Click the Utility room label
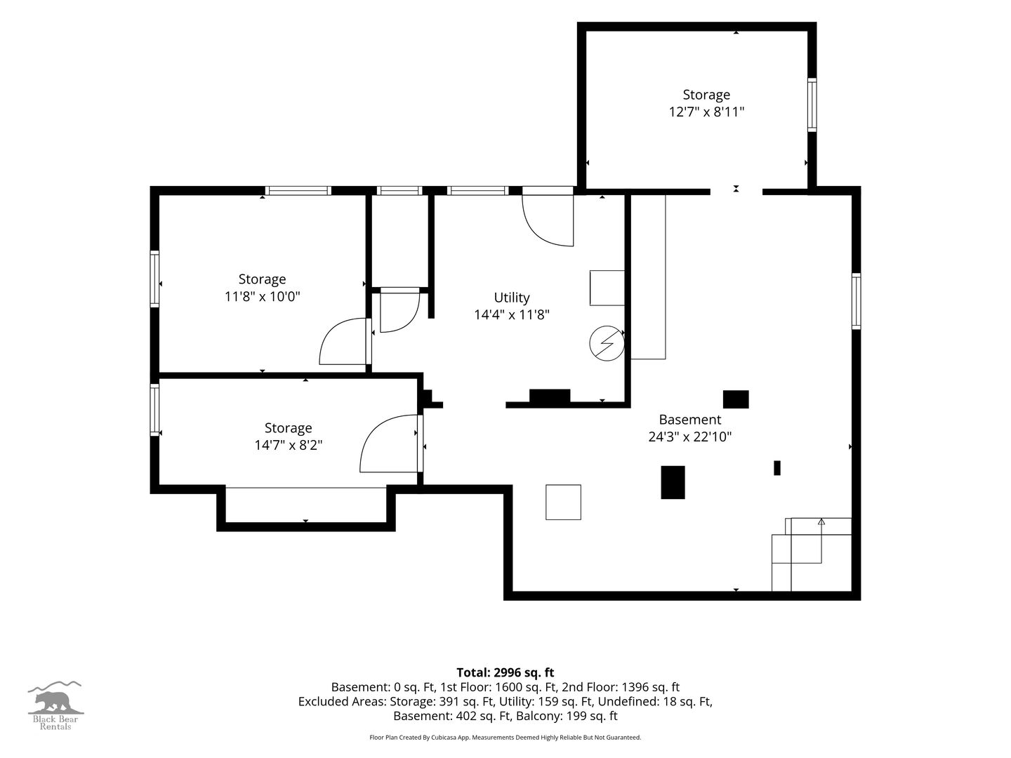pos(511,298)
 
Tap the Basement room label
pos(689,419)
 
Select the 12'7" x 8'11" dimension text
pos(706,112)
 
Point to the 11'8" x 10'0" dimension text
pos(262,296)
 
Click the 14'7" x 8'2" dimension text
pos(289,445)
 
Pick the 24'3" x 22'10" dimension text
pos(689,437)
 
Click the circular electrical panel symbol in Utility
pos(607,343)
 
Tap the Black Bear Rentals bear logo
pos(55,705)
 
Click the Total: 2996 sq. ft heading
pos(505,672)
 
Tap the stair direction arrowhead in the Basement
pos(821,521)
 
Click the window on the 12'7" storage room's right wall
pos(812,105)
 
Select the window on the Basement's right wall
pos(857,301)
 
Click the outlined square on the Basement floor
pos(563,502)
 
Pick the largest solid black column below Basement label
pos(673,482)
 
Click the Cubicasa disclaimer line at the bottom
pos(505,737)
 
